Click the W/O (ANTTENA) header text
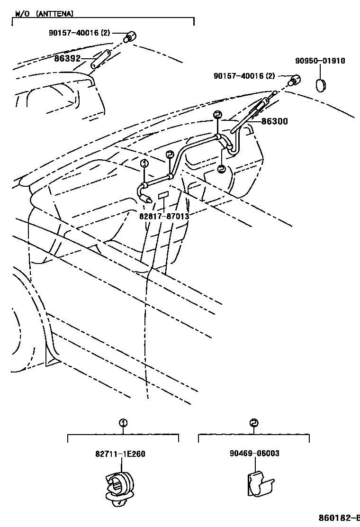[44, 14]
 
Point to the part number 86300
[274, 122]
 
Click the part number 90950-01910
[320, 61]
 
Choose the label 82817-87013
[164, 216]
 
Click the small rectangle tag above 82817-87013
[163, 195]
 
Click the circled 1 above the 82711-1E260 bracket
[122, 423]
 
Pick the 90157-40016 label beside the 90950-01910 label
[244, 76]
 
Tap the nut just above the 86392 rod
[129, 37]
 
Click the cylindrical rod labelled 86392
[101, 59]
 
